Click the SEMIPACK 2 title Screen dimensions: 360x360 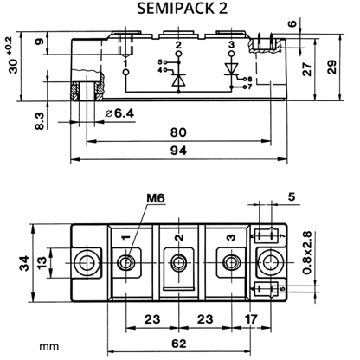182,8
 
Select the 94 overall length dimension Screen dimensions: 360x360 178,151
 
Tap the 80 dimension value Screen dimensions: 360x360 178,132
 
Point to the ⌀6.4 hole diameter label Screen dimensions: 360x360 119,113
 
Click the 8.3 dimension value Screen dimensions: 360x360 40,121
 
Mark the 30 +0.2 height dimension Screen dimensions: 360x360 13,55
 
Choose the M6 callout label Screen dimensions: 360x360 156,198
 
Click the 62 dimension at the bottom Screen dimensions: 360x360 179,344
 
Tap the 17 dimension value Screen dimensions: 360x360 251,319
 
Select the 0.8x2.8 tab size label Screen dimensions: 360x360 307,253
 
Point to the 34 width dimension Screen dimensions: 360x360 24,263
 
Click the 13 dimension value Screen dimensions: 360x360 42,263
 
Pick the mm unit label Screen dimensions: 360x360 49,346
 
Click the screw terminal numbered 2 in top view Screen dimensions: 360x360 178,263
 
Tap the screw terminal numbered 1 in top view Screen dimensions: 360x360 126,263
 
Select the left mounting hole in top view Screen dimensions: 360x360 87,263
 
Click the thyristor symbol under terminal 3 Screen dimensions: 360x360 231,69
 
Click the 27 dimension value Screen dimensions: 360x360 307,68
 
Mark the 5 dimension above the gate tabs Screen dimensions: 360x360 292,197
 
